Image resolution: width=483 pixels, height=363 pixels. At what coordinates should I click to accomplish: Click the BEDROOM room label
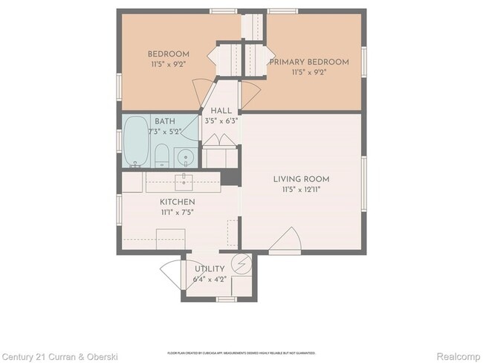(168, 54)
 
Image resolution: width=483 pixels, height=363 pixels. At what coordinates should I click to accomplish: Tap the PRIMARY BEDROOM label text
(308, 62)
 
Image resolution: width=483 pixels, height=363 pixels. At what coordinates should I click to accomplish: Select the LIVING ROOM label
(301, 179)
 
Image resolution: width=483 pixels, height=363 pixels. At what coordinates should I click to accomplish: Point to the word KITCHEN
(178, 202)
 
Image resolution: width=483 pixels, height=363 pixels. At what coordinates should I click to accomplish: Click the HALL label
(221, 111)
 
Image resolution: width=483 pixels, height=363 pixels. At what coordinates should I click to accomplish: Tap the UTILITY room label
(210, 269)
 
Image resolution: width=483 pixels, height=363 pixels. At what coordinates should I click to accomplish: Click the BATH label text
(165, 121)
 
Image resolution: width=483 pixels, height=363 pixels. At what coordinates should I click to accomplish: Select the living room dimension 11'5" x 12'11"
(301, 190)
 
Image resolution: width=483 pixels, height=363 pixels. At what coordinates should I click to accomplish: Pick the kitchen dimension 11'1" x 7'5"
(178, 213)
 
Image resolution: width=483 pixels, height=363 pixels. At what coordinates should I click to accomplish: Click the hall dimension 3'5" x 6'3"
(221, 121)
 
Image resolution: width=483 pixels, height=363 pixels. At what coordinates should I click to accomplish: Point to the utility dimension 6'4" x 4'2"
(210, 280)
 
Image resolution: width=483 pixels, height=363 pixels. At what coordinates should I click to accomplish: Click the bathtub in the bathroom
(136, 141)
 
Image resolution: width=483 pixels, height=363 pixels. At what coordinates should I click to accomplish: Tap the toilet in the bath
(161, 156)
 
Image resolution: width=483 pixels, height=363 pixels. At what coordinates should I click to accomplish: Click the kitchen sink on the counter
(184, 181)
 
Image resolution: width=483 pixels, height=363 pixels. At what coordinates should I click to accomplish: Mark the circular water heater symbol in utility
(241, 263)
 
